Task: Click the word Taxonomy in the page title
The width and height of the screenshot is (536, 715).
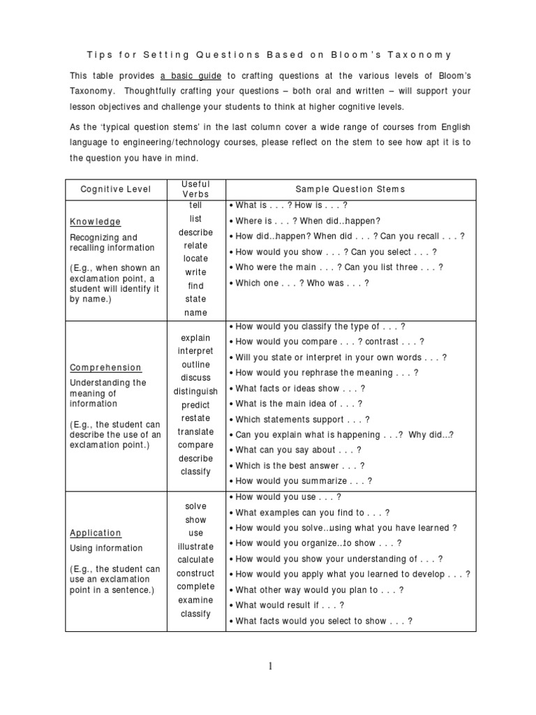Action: tap(422, 54)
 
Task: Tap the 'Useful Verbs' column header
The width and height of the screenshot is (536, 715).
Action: tap(195, 189)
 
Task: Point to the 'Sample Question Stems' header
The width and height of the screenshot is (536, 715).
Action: tap(350, 189)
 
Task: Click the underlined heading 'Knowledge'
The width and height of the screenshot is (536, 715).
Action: tap(95, 221)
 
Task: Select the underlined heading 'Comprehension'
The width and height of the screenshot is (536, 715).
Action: tap(105, 367)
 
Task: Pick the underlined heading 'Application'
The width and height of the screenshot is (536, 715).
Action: tap(96, 533)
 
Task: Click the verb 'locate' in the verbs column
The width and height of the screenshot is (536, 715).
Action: tap(196, 258)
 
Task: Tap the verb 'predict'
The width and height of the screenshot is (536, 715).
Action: tap(196, 405)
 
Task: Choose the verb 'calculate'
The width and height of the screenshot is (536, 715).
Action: tap(196, 560)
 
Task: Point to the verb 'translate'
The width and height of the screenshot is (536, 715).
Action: tap(196, 432)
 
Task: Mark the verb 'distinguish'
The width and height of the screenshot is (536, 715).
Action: tap(196, 392)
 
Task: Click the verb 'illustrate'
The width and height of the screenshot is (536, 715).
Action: tap(196, 547)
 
